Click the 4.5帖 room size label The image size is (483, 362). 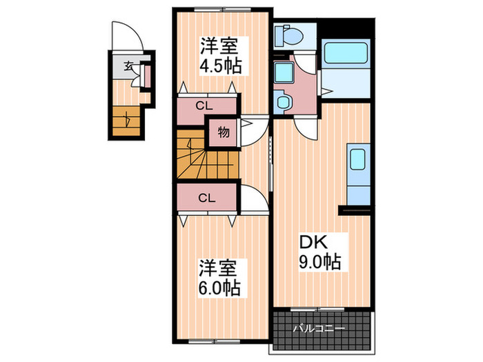pyautogui.click(x=219, y=67)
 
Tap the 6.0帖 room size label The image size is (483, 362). pyautogui.click(x=219, y=287)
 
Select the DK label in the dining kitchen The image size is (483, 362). pyautogui.click(x=312, y=243)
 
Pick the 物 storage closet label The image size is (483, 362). pyautogui.click(x=224, y=131)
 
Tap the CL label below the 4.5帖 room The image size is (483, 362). pyautogui.click(x=204, y=106)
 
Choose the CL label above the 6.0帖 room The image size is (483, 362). pyautogui.click(x=205, y=198)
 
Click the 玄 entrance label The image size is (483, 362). pyautogui.click(x=128, y=67)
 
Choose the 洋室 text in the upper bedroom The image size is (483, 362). pyautogui.click(x=219, y=47)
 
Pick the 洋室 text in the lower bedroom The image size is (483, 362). pyautogui.click(x=219, y=267)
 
